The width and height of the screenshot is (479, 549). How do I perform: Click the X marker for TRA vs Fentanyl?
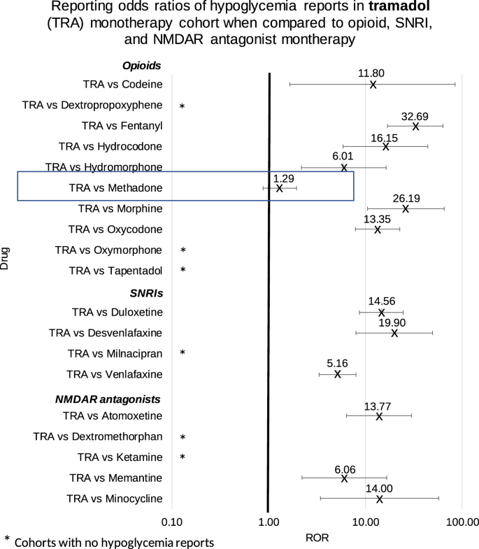click(415, 127)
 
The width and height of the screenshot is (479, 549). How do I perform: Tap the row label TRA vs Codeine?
click(122, 85)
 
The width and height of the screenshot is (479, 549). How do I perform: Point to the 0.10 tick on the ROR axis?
click(171, 522)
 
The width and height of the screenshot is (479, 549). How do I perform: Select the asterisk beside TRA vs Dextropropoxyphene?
click(182, 106)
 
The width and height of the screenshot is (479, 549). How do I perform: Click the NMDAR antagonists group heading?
click(108, 399)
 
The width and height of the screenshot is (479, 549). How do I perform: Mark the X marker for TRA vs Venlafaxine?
click(338, 374)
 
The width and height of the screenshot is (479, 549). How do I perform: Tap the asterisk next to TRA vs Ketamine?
click(183, 458)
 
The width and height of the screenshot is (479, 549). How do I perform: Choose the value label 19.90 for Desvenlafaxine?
click(392, 322)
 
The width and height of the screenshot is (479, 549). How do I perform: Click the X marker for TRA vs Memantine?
click(344, 478)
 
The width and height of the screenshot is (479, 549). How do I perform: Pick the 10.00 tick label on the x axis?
click(364, 522)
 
